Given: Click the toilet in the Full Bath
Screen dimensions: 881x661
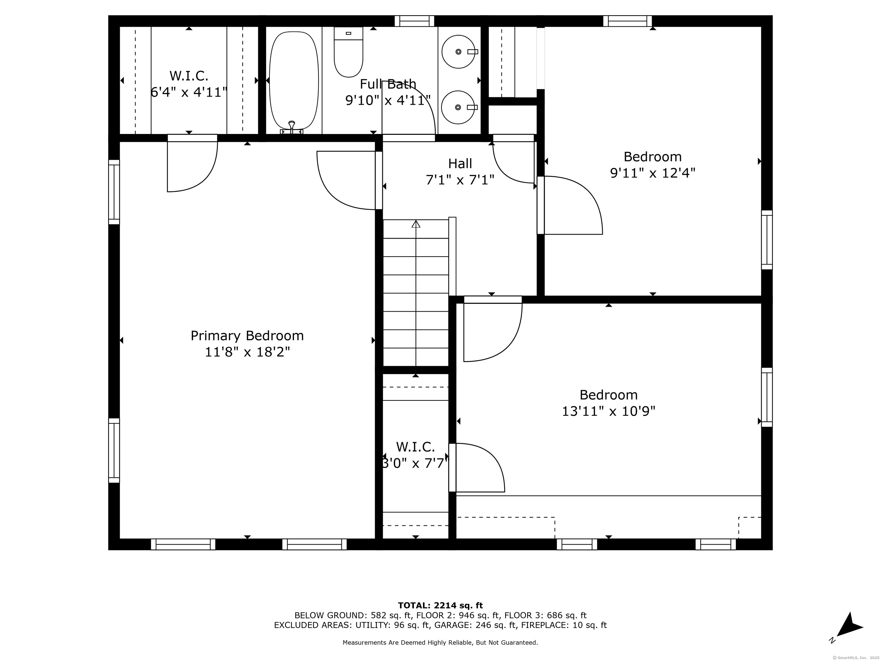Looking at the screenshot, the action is tap(348, 52).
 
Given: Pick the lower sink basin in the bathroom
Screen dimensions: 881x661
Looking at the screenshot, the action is tap(458, 107).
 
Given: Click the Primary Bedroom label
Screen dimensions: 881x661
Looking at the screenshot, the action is tap(247, 336).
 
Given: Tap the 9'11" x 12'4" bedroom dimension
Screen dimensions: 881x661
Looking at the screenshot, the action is tap(652, 173).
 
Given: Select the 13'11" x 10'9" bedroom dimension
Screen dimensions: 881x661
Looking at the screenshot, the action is tap(608, 411).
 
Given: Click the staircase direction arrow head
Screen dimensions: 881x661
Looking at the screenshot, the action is tap(416, 223).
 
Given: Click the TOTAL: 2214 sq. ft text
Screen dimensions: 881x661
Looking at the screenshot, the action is tap(440, 606).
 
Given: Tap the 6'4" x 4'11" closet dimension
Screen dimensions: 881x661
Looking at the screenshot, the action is tap(189, 92).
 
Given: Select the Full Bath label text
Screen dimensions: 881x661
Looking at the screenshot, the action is tap(388, 84).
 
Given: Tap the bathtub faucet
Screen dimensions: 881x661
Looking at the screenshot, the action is tap(292, 127).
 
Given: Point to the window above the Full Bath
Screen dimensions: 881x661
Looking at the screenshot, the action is tap(414, 21).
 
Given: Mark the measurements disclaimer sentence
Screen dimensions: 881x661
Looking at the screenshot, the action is tap(440, 643).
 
